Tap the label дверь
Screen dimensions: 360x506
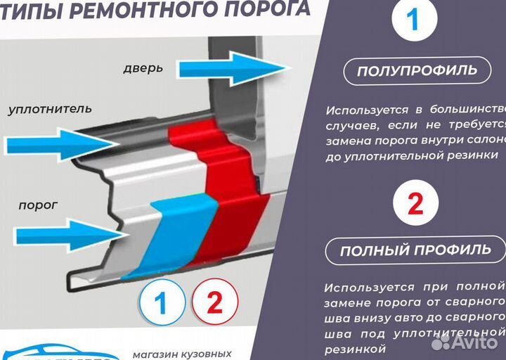143,68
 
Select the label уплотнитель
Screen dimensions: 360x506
50,109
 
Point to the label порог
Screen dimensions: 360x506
38,205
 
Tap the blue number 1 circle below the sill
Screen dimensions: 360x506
161,303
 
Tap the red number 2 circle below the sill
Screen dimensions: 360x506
214,303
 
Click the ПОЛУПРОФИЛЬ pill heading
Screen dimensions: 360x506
417,70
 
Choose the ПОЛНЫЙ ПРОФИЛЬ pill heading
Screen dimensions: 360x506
415,250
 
